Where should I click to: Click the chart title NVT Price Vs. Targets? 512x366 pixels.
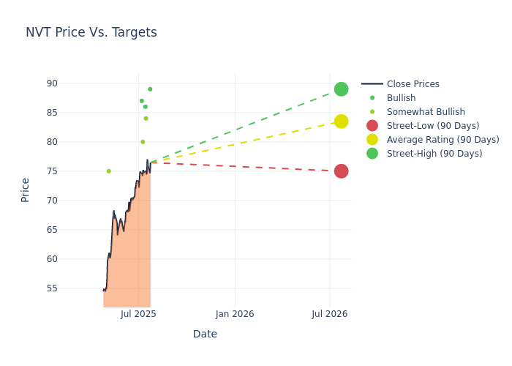[x=91, y=32]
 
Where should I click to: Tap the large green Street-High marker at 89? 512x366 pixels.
[x=341, y=89]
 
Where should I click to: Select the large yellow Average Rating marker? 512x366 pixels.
[x=341, y=122]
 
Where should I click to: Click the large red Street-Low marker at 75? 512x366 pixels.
[x=341, y=171]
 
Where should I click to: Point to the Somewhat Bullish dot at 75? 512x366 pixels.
[x=109, y=171]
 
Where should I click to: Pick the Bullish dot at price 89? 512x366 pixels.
[x=150, y=89]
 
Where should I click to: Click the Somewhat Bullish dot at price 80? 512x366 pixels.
[x=143, y=142]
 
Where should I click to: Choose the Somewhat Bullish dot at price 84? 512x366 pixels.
[x=146, y=119]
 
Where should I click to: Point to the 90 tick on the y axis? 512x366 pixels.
[x=51, y=83]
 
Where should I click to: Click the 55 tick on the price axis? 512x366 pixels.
[x=51, y=288]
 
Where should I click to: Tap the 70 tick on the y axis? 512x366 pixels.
[x=51, y=201]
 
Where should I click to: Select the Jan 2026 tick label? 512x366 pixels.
[x=235, y=314]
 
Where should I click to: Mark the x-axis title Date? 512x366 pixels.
[x=205, y=334]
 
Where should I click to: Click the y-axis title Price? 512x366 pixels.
[x=26, y=190]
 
